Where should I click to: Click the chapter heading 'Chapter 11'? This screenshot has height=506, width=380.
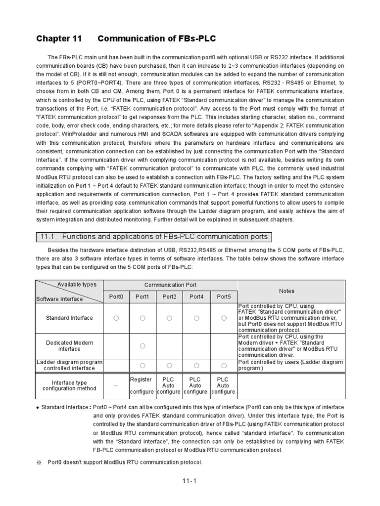[58, 39]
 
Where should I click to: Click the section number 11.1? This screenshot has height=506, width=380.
[47, 237]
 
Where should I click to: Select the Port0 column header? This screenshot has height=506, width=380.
[116, 296]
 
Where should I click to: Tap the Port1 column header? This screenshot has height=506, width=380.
[142, 296]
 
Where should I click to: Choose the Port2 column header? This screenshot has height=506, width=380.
[169, 296]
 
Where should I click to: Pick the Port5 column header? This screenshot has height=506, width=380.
[224, 296]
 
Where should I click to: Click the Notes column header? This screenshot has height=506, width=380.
[286, 291]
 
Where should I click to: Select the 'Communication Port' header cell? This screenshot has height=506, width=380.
[170, 285]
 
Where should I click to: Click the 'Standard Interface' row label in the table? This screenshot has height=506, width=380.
[69, 318]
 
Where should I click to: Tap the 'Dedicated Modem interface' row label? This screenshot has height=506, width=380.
[69, 346]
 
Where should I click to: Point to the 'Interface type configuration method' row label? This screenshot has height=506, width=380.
[69, 385]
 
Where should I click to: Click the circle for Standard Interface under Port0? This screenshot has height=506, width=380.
[116, 318]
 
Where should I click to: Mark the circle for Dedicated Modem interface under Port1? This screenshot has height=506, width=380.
[142, 346]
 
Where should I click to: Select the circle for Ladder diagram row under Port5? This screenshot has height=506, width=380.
[224, 365]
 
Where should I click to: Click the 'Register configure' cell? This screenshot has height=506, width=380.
[142, 385]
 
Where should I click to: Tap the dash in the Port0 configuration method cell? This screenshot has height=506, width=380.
[116, 385]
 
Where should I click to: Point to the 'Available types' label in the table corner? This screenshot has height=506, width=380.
[77, 285]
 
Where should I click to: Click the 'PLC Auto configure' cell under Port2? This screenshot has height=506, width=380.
[169, 385]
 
